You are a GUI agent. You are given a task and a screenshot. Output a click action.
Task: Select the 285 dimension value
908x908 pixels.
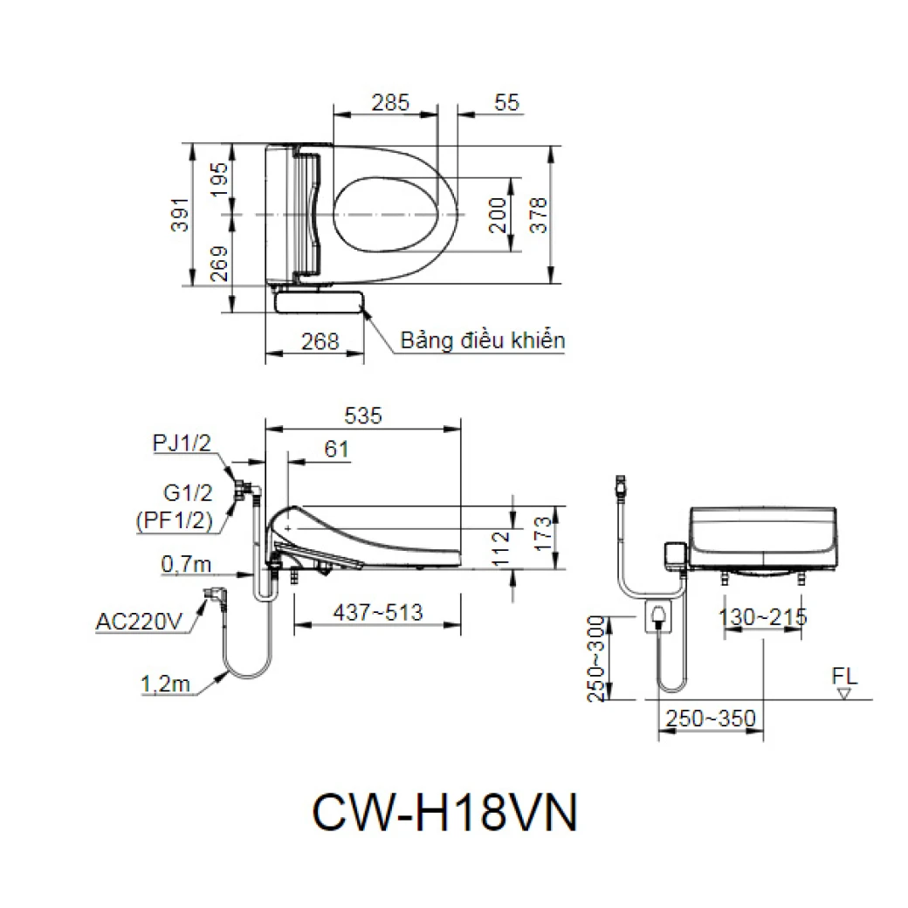pyautogui.click(x=389, y=102)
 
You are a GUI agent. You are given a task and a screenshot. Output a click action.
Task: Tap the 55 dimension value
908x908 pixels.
pyautogui.click(x=506, y=102)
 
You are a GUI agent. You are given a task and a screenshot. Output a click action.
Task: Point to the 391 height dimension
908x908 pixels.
pyautogui.click(x=179, y=213)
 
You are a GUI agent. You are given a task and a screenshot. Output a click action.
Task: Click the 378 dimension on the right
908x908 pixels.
pyautogui.click(x=539, y=214)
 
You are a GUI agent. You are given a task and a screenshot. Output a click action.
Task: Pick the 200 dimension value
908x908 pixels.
pyautogui.click(x=498, y=214)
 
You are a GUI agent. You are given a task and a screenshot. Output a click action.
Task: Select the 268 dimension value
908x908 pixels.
pyautogui.click(x=320, y=341)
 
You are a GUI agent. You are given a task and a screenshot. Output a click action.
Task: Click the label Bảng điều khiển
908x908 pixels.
pyautogui.click(x=482, y=340)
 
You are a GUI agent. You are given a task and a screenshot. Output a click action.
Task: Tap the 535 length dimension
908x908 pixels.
pyautogui.click(x=362, y=416)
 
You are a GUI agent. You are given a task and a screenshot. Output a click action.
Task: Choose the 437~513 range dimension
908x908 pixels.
pyautogui.click(x=380, y=613)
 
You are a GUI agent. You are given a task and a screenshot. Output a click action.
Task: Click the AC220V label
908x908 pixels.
pyautogui.click(x=140, y=623)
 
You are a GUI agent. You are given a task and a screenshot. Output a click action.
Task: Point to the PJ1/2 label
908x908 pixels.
pyautogui.click(x=182, y=444)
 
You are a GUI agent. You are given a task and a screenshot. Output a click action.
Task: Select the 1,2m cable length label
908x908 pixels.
pyautogui.click(x=165, y=684)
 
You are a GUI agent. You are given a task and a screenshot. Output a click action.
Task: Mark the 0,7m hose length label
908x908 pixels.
pyautogui.click(x=186, y=565)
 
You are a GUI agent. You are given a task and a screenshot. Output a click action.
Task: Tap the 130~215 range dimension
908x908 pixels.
pyautogui.click(x=762, y=617)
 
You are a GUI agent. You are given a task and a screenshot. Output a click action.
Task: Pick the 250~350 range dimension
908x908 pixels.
pyautogui.click(x=710, y=719)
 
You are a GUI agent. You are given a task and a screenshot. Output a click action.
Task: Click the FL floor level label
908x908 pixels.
pyautogui.click(x=844, y=676)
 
